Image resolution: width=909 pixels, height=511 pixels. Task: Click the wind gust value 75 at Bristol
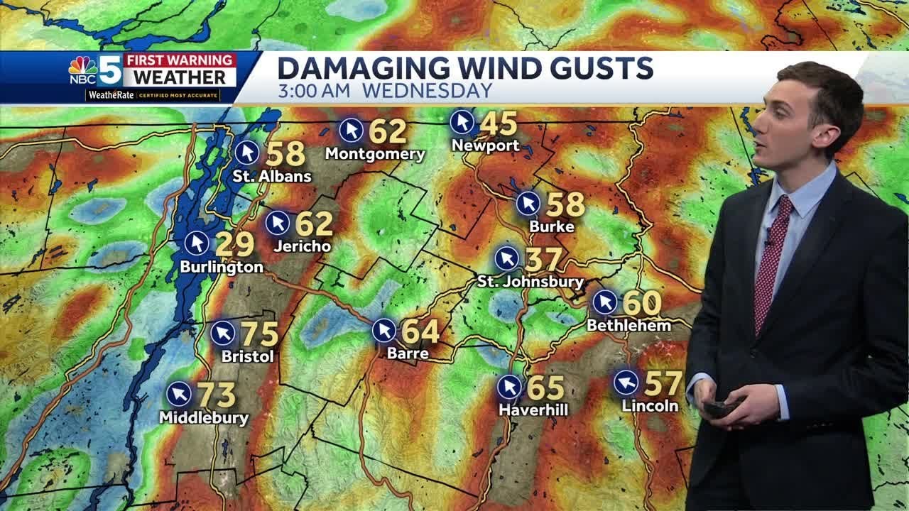[x=260, y=334]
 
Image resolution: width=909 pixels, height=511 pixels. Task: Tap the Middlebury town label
[x=204, y=418]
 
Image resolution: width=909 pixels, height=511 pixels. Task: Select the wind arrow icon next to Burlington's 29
[x=197, y=243]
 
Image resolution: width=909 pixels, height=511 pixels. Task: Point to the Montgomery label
[x=375, y=154]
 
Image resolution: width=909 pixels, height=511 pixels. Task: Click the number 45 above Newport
[x=499, y=123]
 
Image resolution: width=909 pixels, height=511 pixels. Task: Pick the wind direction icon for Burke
[x=528, y=204]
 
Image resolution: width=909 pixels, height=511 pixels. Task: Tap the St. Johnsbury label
[x=530, y=282]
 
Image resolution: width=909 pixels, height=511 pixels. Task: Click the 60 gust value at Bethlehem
[x=642, y=303]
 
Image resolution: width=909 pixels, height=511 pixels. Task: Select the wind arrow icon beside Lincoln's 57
[x=626, y=383]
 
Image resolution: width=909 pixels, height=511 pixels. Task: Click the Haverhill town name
[x=533, y=410]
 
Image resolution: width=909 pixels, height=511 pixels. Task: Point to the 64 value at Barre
[x=420, y=331]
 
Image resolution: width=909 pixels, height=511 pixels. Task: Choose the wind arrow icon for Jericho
[x=278, y=223]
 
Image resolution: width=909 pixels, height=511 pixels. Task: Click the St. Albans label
[x=272, y=176]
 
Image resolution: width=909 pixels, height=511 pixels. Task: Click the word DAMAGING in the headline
[x=364, y=69]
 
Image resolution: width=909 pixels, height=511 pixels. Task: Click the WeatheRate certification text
[x=160, y=95]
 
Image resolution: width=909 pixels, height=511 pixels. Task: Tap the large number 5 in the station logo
[x=109, y=70]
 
